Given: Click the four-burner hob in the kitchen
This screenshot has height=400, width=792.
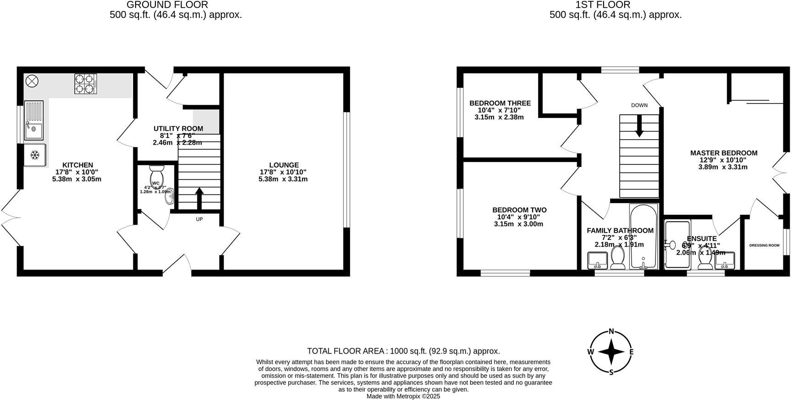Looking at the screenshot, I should tap(86, 84).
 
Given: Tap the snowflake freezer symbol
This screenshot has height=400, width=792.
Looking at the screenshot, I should tap(34, 155).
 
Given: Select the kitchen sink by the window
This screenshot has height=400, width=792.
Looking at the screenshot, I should tap(33, 120).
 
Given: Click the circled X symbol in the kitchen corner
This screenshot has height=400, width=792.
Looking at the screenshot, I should tap(32, 81).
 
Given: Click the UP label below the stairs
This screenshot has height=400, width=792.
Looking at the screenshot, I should tap(199, 219).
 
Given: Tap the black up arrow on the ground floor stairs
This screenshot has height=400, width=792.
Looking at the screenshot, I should tap(199, 197).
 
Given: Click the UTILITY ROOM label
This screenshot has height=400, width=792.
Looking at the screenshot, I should tap(178, 129).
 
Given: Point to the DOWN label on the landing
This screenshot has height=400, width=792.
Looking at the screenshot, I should tap(639, 105).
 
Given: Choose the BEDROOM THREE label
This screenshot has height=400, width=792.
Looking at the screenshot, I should tap(500, 103).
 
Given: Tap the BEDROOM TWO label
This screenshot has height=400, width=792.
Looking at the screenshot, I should tap(519, 210).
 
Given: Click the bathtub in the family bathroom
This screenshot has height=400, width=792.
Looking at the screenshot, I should tap(643, 238).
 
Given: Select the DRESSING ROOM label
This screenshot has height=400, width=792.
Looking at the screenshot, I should tap(764, 245).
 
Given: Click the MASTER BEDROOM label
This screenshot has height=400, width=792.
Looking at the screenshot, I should tap(723, 153).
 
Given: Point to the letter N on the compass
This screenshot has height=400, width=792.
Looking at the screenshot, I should tap(611, 332).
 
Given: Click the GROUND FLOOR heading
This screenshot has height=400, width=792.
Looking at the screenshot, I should tap(167, 5).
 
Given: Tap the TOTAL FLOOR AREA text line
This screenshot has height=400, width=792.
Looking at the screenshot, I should tap(403, 351).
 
